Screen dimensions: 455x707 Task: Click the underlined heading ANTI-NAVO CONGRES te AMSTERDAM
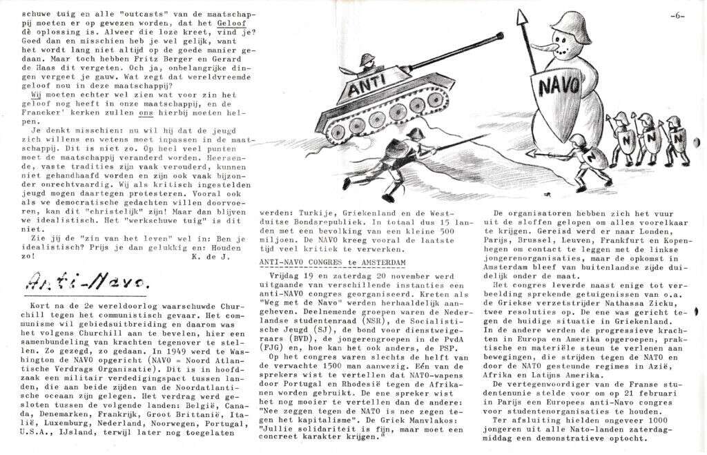pyautogui.click(x=331, y=265)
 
